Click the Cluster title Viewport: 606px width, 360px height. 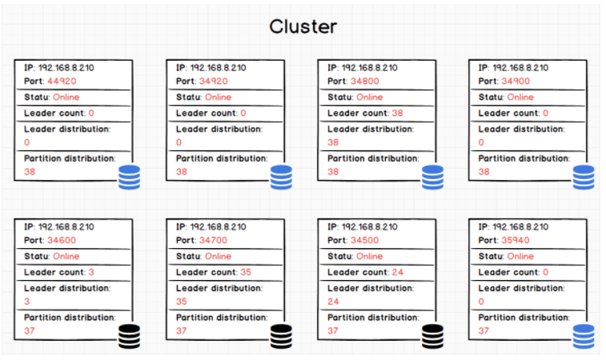point(303,26)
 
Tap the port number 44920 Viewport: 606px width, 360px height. point(62,81)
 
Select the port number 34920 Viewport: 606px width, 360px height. point(213,81)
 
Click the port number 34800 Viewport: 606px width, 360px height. point(365,81)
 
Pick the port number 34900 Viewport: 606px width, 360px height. point(516,81)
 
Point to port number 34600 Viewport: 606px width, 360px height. point(62,240)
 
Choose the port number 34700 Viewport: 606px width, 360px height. point(213,240)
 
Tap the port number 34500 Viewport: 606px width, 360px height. point(365,240)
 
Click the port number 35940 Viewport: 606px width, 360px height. point(516,240)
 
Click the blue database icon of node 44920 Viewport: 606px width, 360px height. point(129,177)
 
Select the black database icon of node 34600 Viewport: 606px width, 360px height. point(129,336)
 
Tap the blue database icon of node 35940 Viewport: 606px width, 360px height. point(584,336)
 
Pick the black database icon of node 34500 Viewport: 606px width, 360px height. point(432,336)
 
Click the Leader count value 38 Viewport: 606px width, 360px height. point(397,113)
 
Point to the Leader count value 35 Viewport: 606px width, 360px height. point(246,272)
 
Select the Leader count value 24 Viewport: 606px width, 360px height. point(397,272)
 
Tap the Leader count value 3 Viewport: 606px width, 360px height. point(91,272)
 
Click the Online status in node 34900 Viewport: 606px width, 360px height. point(520,98)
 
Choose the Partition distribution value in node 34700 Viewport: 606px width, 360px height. point(181,331)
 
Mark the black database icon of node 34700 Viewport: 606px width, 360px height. point(281,336)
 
